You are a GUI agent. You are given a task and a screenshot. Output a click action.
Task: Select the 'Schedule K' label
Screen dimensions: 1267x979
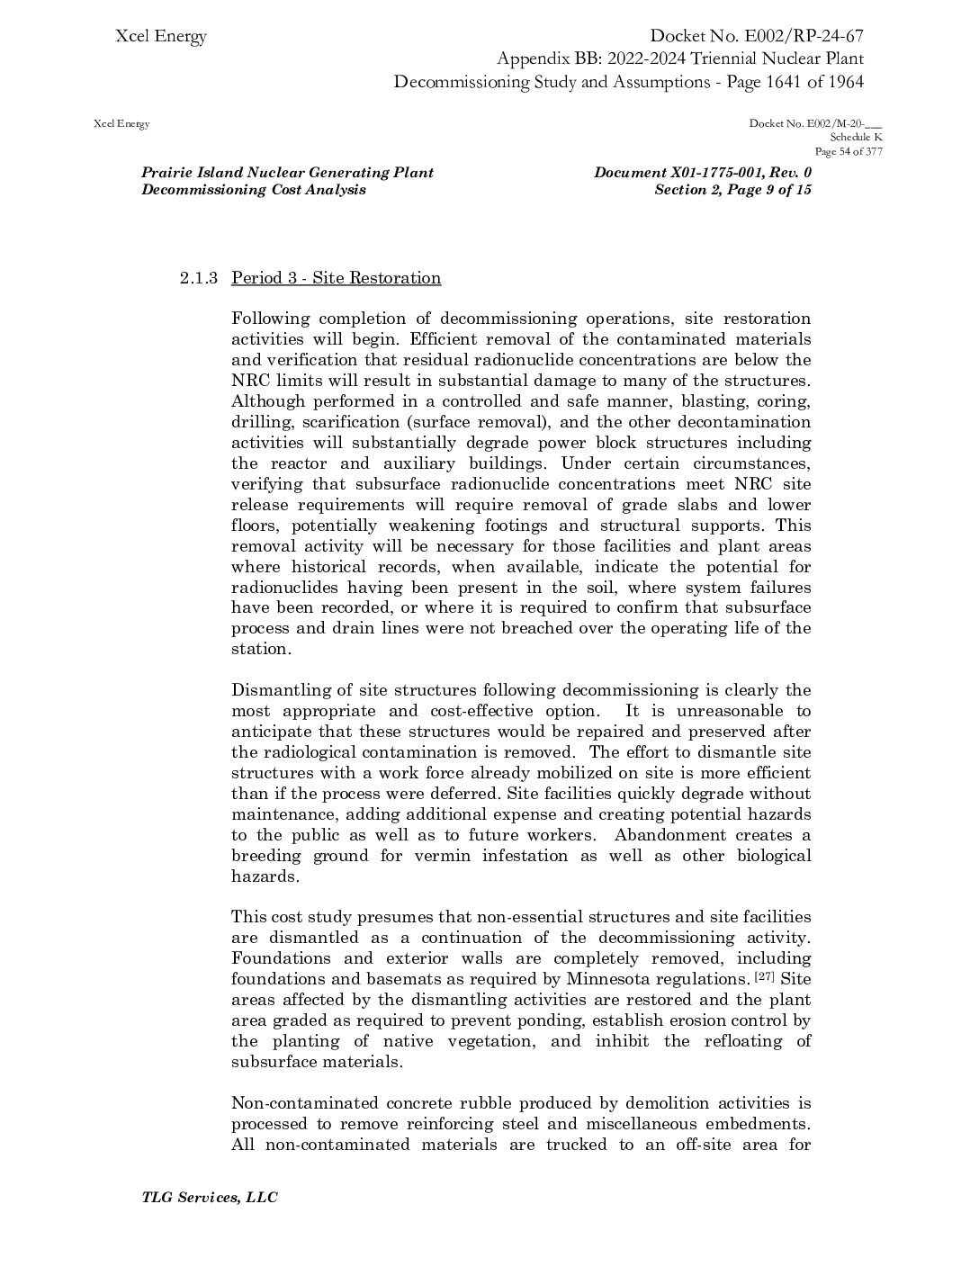(856, 138)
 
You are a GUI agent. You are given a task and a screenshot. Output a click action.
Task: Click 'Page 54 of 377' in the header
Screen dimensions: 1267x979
(848, 151)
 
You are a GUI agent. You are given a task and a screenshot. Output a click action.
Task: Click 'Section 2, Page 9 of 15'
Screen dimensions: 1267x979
(732, 190)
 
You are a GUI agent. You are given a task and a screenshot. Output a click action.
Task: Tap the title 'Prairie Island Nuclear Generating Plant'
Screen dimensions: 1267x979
(287, 173)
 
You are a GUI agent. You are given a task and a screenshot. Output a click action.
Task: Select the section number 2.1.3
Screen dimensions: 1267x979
(198, 278)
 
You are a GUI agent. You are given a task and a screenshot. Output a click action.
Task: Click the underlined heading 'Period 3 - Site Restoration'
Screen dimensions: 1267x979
(336, 278)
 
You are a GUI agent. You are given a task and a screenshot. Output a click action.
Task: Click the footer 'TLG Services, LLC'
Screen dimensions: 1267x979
(210, 1198)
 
